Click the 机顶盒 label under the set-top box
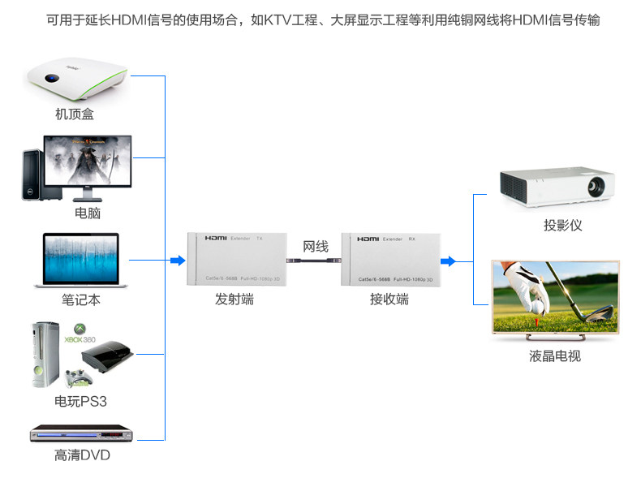[75, 114]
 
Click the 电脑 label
[88, 213]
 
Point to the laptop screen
[81, 257]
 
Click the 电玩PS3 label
[80, 402]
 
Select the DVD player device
[80, 434]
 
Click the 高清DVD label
[82, 456]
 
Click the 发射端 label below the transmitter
[234, 300]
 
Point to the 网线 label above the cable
[316, 247]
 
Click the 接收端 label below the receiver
[389, 300]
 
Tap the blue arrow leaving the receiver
[446, 261]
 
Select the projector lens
[594, 187]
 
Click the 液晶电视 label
[555, 356]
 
